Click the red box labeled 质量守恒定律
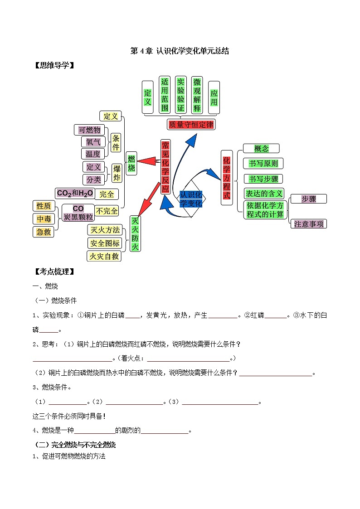tap(191, 124)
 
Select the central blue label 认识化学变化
tap(191, 199)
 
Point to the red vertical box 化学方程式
tap(227, 177)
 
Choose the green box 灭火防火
tap(135, 233)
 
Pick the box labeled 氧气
tap(92, 142)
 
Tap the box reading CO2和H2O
tap(75, 193)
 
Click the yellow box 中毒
tap(44, 219)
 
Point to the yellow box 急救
tap(44, 232)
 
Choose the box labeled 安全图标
tap(105, 243)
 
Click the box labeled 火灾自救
tap(104, 256)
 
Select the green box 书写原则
tap(263, 163)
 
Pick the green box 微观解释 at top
tap(197, 95)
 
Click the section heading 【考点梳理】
tap(54, 272)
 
